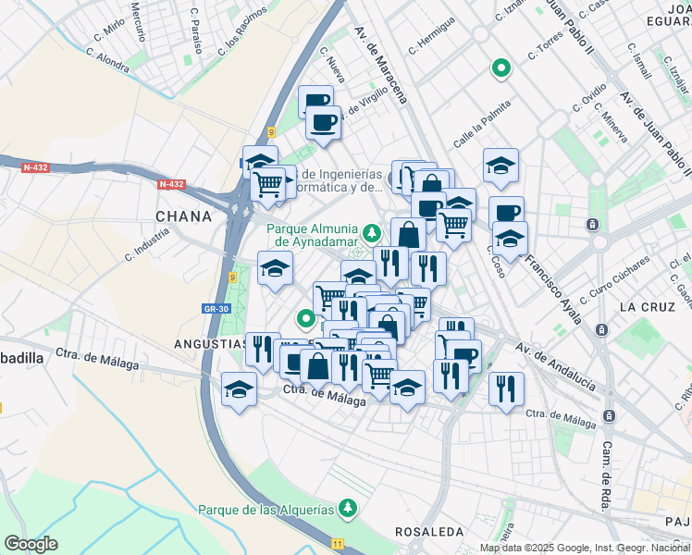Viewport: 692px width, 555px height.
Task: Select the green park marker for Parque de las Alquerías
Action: pos(347,507)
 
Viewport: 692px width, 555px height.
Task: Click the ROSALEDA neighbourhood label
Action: pos(428,532)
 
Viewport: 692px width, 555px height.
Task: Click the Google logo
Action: pos(31,544)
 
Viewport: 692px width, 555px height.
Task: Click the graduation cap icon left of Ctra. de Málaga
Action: pos(239,390)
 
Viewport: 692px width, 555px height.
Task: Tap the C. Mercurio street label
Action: pos(138,20)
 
